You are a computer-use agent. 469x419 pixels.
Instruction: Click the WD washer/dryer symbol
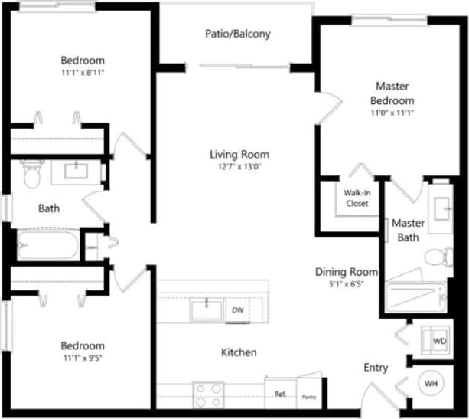coord(438,339)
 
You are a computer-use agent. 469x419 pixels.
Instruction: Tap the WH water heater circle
coord(430,381)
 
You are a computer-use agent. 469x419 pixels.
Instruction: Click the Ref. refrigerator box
coord(280,394)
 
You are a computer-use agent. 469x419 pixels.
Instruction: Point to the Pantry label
coord(309,396)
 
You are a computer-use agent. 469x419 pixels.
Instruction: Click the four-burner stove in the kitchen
coord(207,395)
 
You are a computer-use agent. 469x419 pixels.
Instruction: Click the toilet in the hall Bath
coord(31,175)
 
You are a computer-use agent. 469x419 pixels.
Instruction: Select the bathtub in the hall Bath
coord(46,245)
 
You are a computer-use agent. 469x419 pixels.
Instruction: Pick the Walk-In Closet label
coord(356,198)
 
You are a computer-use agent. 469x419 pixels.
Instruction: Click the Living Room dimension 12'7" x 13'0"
coord(239,168)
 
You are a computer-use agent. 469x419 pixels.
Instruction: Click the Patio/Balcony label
coord(237,34)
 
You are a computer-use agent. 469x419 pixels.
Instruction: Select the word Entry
coord(376,368)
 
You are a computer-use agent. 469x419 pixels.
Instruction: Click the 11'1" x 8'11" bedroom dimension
coord(83,74)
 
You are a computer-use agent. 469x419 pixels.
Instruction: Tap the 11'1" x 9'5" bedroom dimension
coord(83,358)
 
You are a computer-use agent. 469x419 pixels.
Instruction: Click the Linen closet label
coord(91,247)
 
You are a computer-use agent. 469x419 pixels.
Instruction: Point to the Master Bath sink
coord(442,206)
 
